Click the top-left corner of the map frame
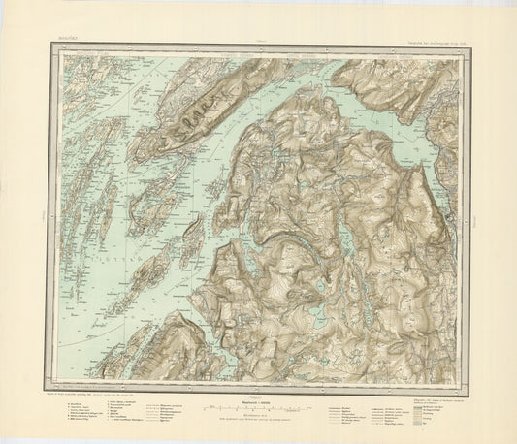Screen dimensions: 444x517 click(46, 48)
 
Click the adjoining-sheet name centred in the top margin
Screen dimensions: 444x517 click(258, 45)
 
